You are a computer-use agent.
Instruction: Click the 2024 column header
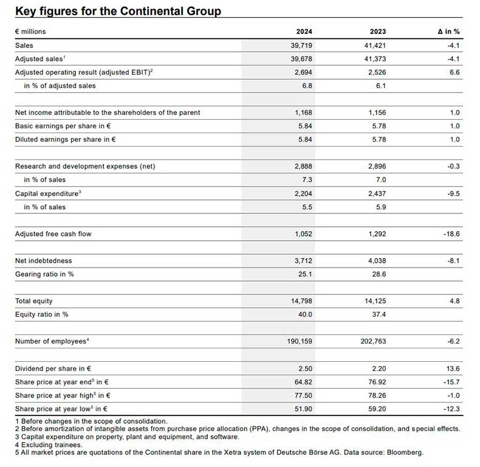point(304,32)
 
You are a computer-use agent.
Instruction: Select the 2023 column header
point(378,32)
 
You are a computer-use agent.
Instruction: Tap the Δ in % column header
point(448,32)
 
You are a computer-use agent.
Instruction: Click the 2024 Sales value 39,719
point(301,46)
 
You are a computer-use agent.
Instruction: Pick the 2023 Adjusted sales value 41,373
point(375,59)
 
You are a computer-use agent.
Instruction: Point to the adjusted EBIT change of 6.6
point(454,72)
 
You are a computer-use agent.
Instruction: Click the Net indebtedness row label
point(44,261)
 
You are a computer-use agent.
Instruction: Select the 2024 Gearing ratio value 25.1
point(305,274)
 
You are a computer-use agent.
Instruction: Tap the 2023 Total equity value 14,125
point(375,301)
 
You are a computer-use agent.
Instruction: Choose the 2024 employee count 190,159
point(300,341)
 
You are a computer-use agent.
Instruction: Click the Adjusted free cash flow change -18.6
point(451,234)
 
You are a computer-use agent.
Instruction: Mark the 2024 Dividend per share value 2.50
point(305,368)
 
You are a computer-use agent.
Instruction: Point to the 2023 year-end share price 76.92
point(377,382)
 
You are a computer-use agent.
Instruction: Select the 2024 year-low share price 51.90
point(303,409)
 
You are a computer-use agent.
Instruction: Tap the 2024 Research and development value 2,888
point(303,166)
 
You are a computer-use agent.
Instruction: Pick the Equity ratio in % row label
point(42,314)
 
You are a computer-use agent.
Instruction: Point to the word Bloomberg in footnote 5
point(405,452)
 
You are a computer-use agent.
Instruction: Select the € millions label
point(30,32)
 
